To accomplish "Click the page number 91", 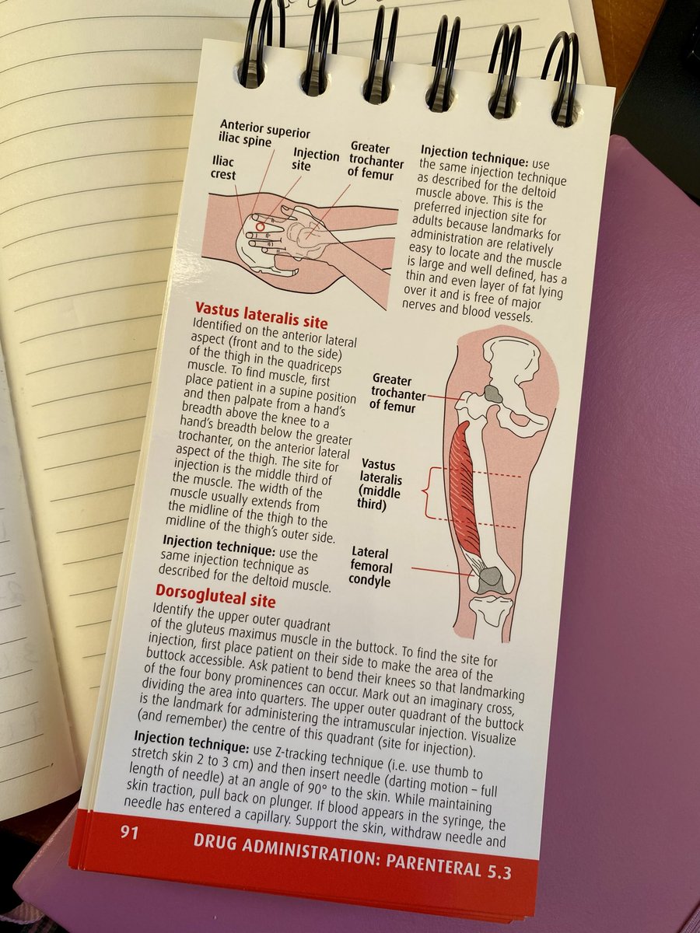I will (130, 833).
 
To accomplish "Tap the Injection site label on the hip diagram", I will (316, 161).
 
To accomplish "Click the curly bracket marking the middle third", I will (429, 494).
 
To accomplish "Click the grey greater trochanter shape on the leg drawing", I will (492, 393).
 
